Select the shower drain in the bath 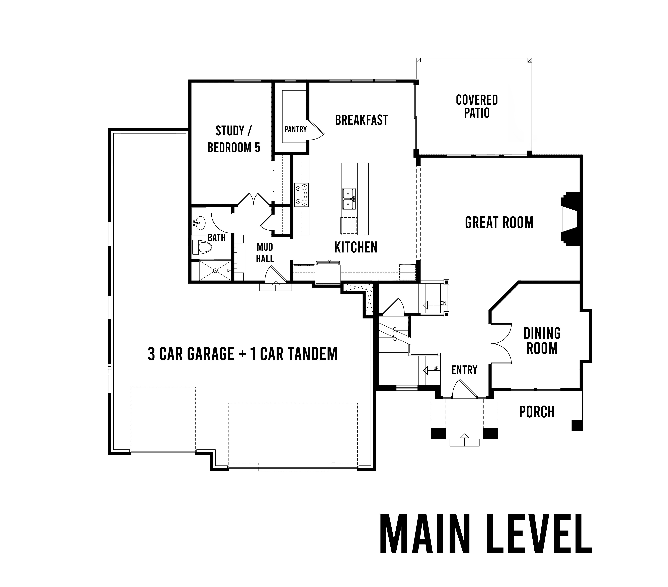click(215, 271)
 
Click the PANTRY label click(295, 129)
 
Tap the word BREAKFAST click(361, 120)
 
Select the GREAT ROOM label click(499, 223)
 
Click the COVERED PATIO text click(477, 106)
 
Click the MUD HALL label click(265, 253)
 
